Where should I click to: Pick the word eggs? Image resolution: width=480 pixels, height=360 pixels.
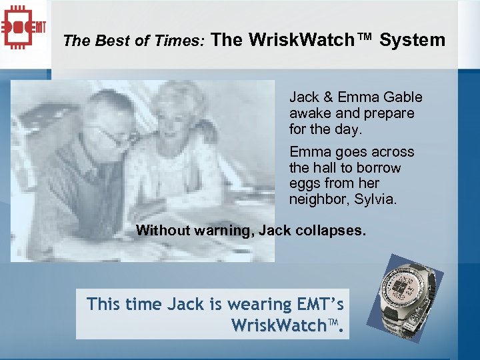[304, 183]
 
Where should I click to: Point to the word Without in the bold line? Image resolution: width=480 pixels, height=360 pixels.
[163, 231]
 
